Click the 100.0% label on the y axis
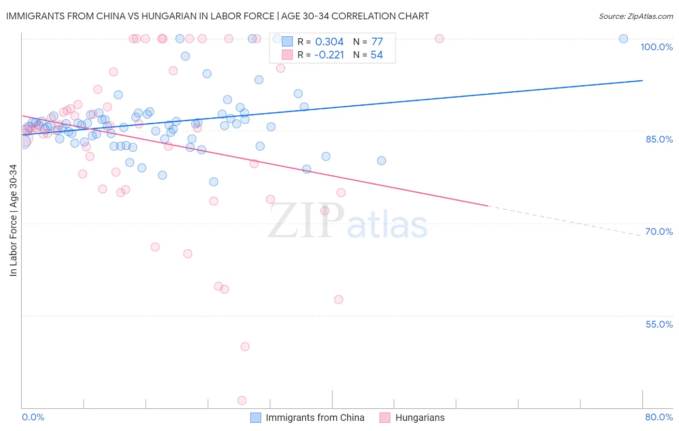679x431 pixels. (x=656, y=47)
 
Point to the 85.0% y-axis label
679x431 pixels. (x=659, y=139)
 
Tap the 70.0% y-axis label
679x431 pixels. (x=659, y=231)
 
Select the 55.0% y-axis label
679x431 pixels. (x=659, y=324)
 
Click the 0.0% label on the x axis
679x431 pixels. (x=33, y=417)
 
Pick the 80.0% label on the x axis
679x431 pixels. (x=659, y=417)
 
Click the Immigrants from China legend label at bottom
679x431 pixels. (x=315, y=417)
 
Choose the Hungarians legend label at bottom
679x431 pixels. (x=420, y=417)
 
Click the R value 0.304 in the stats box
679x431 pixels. (x=329, y=42)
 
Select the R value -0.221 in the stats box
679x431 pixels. (x=329, y=55)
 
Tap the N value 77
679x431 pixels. (x=377, y=42)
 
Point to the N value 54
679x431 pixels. (x=377, y=55)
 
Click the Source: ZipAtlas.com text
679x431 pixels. (x=636, y=16)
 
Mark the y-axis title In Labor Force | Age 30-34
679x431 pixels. (x=14, y=220)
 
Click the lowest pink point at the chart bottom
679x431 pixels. (x=242, y=400)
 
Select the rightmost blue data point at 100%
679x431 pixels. (x=623, y=39)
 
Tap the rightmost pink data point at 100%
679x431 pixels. (x=439, y=39)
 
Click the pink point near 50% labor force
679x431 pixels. (x=245, y=346)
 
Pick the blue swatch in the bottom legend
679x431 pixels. (x=255, y=417)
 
